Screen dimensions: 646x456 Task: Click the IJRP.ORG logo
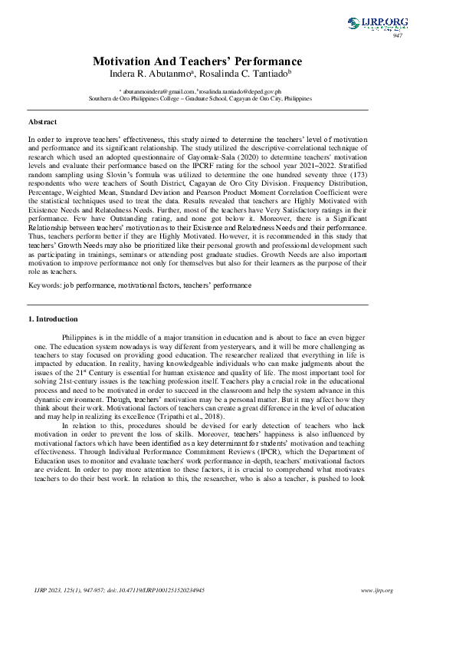coord(377,24)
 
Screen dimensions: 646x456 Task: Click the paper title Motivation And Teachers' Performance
coord(197,61)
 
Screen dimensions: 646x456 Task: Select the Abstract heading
coord(42,122)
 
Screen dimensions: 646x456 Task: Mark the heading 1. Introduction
coord(53,318)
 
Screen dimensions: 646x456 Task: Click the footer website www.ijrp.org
coord(376,590)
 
